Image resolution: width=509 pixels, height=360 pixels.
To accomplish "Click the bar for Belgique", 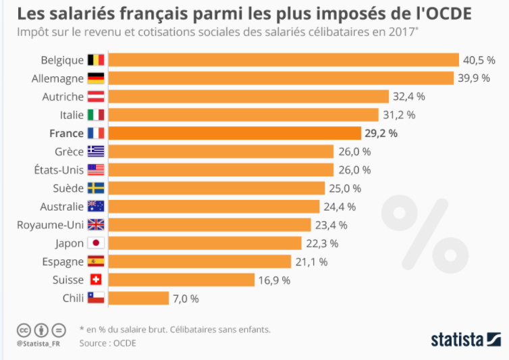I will pos(284,60).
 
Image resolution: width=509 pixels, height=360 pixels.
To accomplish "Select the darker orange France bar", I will pos(235,133).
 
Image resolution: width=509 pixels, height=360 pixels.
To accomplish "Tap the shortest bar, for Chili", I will pos(138,298).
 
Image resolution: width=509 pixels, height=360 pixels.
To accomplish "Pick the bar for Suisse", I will pos(182,280).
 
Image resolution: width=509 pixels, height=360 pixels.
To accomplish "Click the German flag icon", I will pos(95,78).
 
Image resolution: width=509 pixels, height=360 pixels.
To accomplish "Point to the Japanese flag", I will pos(95,243).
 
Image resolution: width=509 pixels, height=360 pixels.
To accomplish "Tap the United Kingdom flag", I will pos(95,225).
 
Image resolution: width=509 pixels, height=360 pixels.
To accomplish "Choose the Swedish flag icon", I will pos(95,188).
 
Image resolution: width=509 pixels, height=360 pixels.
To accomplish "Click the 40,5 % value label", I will pos(480,60).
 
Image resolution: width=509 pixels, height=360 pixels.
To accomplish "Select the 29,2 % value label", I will pos(382,133).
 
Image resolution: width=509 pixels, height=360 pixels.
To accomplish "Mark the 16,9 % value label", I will pos(275,280).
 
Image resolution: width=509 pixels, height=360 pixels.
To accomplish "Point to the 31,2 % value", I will pos(400,115).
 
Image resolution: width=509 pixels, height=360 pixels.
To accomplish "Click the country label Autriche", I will pos(62,97).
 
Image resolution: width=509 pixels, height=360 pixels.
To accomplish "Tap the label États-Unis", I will pos(59,170).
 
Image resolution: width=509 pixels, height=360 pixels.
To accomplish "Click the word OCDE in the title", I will pos(448,13).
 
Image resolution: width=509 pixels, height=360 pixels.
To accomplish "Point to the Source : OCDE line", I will pos(108,343).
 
